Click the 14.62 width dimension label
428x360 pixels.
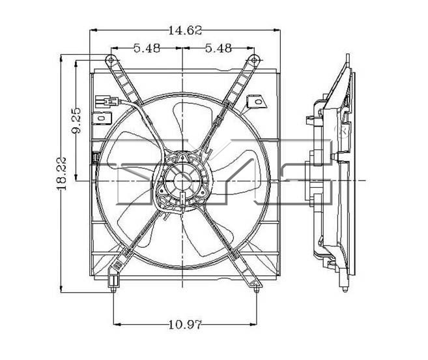(186, 31)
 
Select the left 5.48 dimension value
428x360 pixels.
(147, 48)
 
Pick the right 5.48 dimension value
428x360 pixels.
(218, 48)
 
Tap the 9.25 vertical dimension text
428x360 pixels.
(76, 120)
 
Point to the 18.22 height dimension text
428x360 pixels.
(61, 173)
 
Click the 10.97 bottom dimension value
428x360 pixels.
(185, 325)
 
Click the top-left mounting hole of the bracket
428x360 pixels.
(110, 59)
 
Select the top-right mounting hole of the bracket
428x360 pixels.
(254, 59)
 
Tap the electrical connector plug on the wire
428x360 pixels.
(106, 101)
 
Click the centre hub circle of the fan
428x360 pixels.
(182, 181)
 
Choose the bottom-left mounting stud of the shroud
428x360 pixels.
(113, 289)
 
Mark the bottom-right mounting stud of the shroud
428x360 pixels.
(257, 289)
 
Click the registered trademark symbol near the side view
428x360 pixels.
(344, 130)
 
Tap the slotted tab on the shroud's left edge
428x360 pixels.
(102, 118)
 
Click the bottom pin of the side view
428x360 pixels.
(345, 289)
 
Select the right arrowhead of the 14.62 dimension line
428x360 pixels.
(277, 30)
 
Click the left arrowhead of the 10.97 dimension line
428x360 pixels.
(117, 325)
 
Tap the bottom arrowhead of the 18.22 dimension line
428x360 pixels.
(61, 289)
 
